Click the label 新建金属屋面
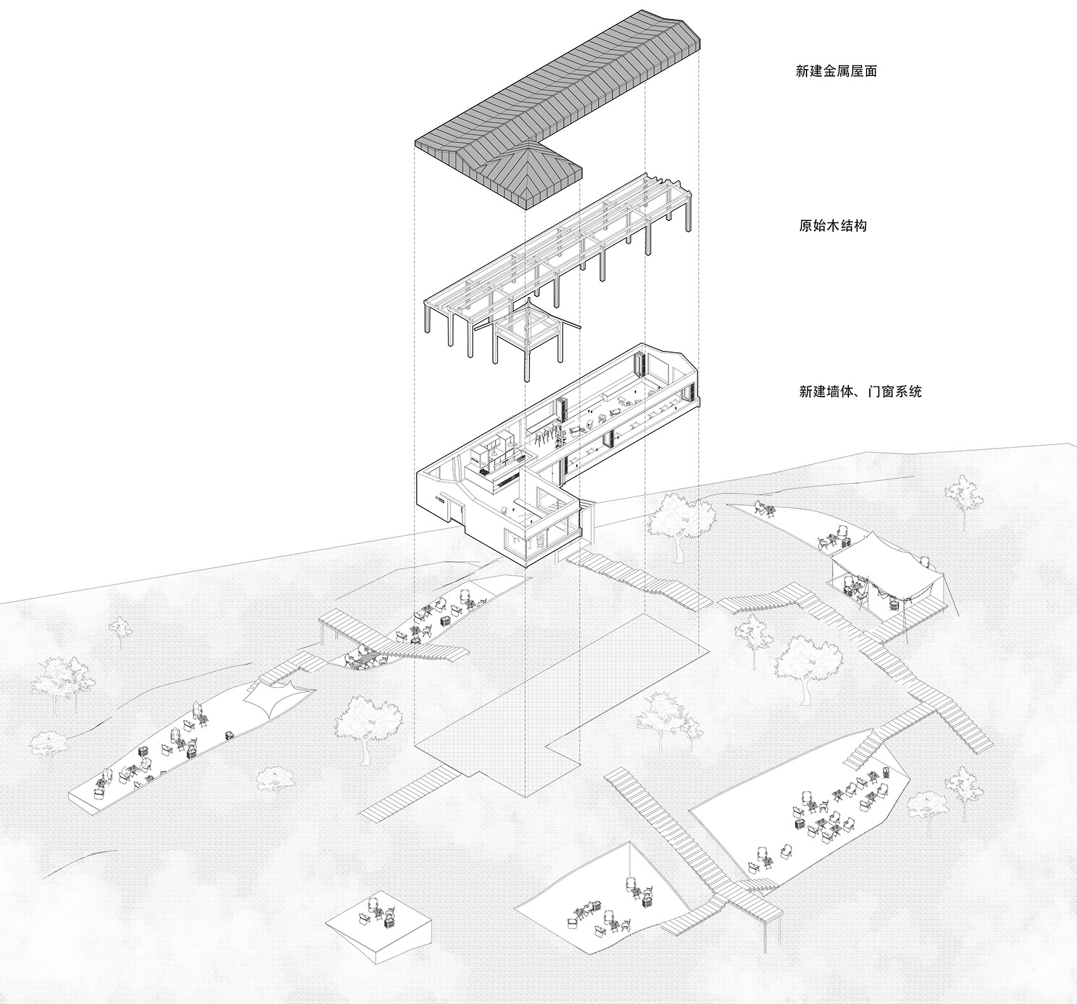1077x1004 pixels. (x=836, y=71)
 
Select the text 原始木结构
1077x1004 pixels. (x=833, y=225)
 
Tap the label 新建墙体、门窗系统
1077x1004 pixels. (x=860, y=391)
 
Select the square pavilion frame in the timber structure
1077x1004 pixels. (x=526, y=339)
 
